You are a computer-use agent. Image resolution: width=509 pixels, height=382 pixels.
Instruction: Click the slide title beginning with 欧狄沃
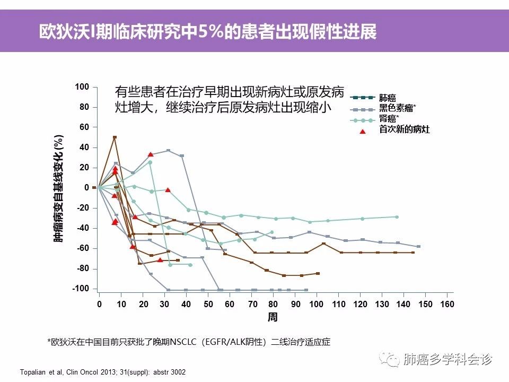(208, 31)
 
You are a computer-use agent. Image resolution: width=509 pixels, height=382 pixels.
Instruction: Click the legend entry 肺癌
(388, 98)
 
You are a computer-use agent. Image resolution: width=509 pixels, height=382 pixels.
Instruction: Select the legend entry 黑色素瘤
(397, 108)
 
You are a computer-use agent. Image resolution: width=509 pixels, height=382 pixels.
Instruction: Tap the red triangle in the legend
(363, 130)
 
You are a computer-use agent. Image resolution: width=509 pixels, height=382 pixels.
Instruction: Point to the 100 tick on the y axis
(82, 86)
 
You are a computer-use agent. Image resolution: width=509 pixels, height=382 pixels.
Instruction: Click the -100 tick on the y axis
(81, 289)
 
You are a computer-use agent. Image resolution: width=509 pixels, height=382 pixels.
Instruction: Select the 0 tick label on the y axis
(86, 188)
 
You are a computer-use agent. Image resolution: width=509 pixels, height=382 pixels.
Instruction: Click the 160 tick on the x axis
(447, 304)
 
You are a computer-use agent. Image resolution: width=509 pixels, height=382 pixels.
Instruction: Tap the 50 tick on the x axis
(208, 304)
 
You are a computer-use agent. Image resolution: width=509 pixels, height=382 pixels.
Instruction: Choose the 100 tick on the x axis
(317, 304)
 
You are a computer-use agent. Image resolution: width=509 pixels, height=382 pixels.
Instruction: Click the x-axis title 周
(272, 317)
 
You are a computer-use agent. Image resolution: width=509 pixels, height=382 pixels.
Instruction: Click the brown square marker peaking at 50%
(115, 137)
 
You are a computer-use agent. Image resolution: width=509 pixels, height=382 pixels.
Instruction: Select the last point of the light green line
(397, 217)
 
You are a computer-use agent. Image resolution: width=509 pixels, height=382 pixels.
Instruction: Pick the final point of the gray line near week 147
(418, 247)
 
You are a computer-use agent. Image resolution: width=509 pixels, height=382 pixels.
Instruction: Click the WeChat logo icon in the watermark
(393, 360)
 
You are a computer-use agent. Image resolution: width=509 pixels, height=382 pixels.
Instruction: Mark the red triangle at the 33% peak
(151, 154)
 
